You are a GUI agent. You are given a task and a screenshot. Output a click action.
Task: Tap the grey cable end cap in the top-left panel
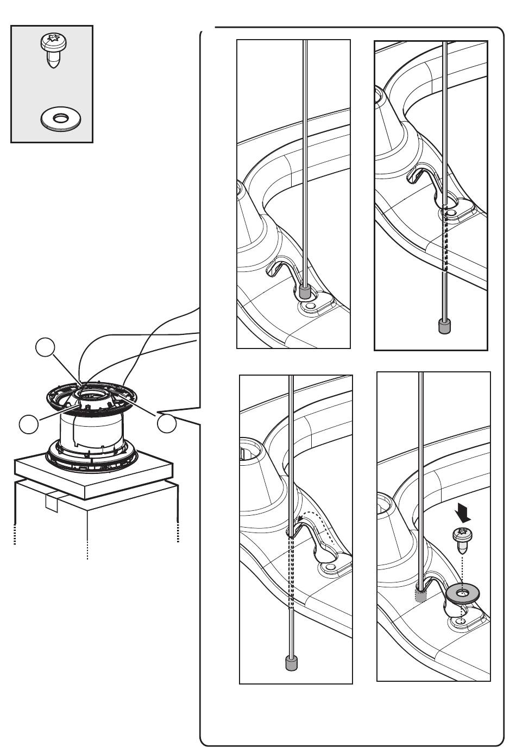click(305, 293)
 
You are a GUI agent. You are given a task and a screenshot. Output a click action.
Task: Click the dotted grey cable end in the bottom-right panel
click(421, 594)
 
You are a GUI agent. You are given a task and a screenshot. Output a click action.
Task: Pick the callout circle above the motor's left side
click(45, 348)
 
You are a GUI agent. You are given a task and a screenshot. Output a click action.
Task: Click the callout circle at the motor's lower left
click(28, 424)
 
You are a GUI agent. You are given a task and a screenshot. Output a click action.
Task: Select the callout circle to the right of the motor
click(167, 423)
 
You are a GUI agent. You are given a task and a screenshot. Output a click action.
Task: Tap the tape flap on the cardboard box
click(52, 502)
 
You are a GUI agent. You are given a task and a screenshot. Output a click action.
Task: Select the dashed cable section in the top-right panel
click(446, 239)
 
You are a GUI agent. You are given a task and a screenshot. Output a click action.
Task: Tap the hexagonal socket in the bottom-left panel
click(247, 448)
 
